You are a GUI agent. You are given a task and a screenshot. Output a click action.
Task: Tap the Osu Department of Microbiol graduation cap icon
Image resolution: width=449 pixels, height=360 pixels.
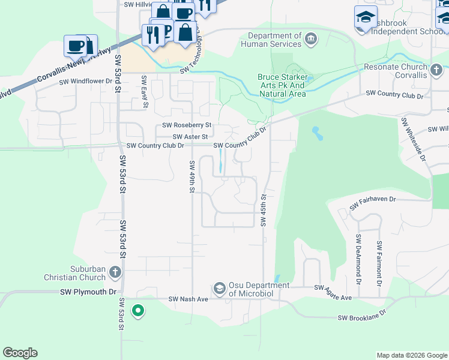[220, 289]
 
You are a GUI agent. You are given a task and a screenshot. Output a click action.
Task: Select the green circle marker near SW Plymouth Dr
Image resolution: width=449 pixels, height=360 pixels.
[138, 311]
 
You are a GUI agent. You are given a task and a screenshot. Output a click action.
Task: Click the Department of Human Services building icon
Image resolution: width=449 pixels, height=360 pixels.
[311, 40]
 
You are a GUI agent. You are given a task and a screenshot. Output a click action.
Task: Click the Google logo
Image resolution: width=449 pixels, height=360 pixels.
[20, 353]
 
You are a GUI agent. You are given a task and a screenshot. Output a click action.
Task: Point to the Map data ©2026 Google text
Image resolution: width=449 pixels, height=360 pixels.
[411, 355]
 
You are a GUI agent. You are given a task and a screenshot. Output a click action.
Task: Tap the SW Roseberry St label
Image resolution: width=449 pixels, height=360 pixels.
[187, 125]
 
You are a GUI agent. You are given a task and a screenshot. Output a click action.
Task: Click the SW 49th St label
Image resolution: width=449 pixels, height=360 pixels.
[192, 176]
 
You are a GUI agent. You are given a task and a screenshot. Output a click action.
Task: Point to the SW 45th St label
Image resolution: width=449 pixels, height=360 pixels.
[263, 210]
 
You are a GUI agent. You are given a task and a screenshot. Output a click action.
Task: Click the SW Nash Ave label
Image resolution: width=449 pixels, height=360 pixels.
[188, 298]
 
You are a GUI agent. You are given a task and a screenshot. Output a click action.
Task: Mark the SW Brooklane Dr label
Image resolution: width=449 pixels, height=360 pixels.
[361, 318]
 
